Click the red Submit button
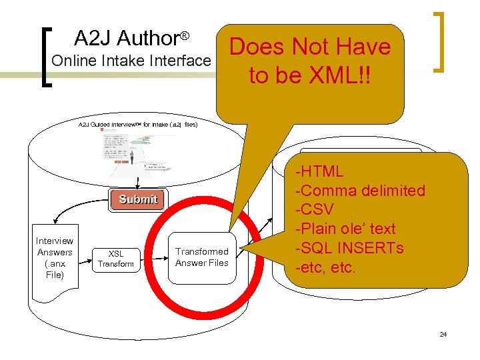click(x=138, y=199)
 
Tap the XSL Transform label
click(x=116, y=259)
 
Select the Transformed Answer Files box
click(x=201, y=257)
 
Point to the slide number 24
click(x=443, y=334)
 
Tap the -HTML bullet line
click(x=321, y=171)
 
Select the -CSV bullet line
click(x=315, y=210)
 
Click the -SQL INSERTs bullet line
click(x=350, y=249)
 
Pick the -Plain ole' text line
click(x=346, y=229)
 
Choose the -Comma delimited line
click(x=361, y=191)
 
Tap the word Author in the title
click(x=151, y=37)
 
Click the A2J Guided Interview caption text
click(x=137, y=124)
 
